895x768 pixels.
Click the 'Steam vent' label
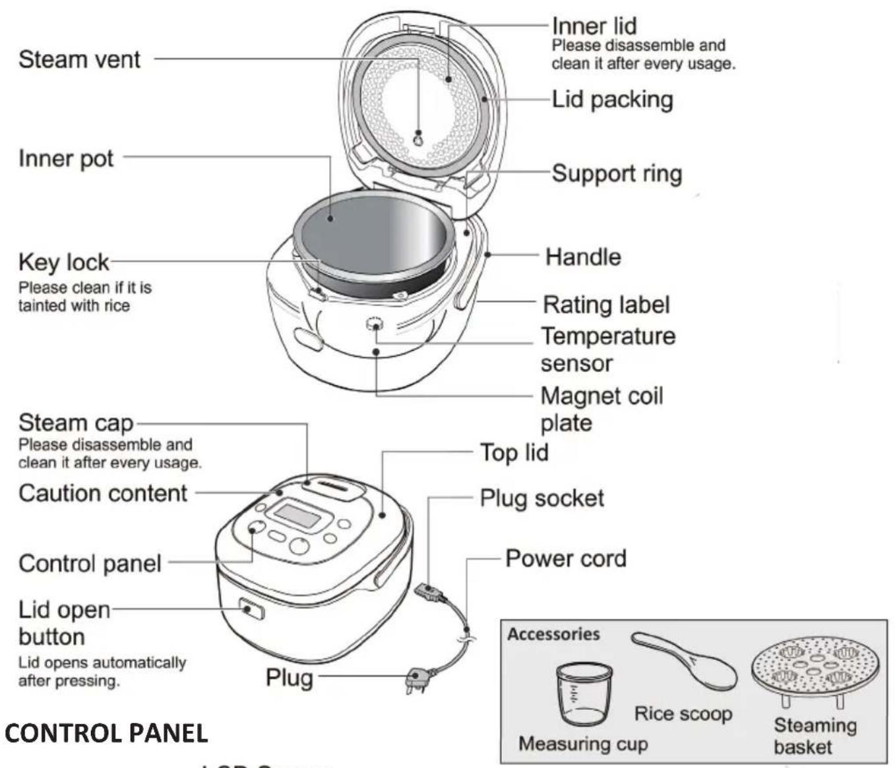79,59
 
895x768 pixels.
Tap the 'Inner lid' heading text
594,26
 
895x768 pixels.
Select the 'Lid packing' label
612,100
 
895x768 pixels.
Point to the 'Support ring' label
617,173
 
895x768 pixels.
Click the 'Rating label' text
605,305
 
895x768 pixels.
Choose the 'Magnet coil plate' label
601,409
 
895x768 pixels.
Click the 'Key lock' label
63,262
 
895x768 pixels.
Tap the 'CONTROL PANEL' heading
106,732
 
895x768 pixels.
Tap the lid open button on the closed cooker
251,608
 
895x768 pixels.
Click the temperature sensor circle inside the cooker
375,325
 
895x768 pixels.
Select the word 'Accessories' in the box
553,634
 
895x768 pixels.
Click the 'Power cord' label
565,558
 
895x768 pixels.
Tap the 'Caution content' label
103,493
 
